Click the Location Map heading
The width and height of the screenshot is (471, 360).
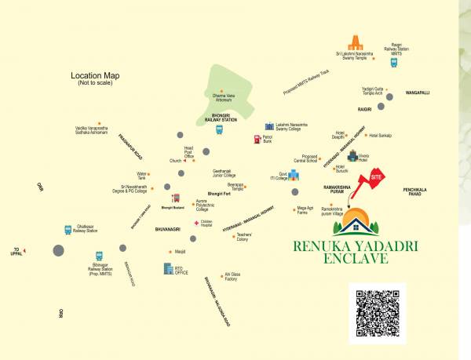coord(100,76)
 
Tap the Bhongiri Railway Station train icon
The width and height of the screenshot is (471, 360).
coord(220,129)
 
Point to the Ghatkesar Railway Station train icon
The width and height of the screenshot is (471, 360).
coord(68,230)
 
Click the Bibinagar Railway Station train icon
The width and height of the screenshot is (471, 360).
coord(99,256)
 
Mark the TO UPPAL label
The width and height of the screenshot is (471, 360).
coord(16,252)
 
